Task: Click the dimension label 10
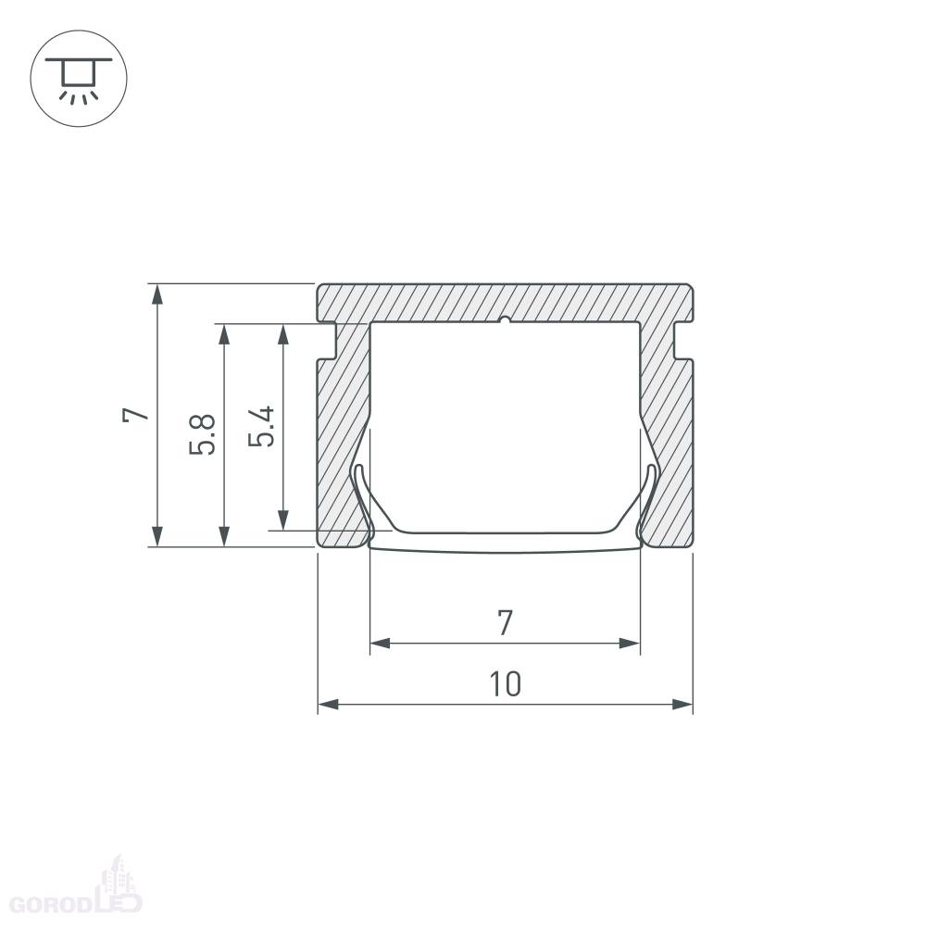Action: [506, 683]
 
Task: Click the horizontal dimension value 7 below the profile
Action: [505, 623]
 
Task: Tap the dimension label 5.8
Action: [202, 434]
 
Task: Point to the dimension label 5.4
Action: [261, 426]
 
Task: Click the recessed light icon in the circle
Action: [79, 79]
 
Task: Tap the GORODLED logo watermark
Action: [77, 892]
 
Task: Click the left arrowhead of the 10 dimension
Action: [329, 704]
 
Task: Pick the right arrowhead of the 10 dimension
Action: [682, 704]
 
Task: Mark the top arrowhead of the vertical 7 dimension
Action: [157, 294]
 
